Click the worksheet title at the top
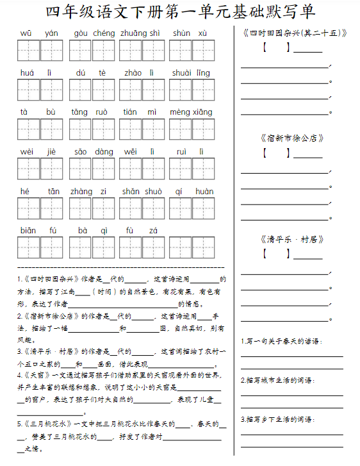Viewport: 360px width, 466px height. (181, 12)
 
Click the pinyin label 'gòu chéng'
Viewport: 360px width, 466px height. (94, 33)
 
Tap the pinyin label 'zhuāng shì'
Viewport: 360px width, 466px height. (140, 33)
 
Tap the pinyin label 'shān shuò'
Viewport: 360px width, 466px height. (142, 191)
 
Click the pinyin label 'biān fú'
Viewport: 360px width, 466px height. (38, 231)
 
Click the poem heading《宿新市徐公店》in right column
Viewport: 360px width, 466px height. (292, 138)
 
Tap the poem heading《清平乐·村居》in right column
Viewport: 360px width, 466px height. (292, 239)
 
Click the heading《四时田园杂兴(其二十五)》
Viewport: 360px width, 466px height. (295, 33)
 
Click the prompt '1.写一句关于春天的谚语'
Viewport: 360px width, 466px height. (281, 341)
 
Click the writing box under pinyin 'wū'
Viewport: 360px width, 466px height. (28, 50)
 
